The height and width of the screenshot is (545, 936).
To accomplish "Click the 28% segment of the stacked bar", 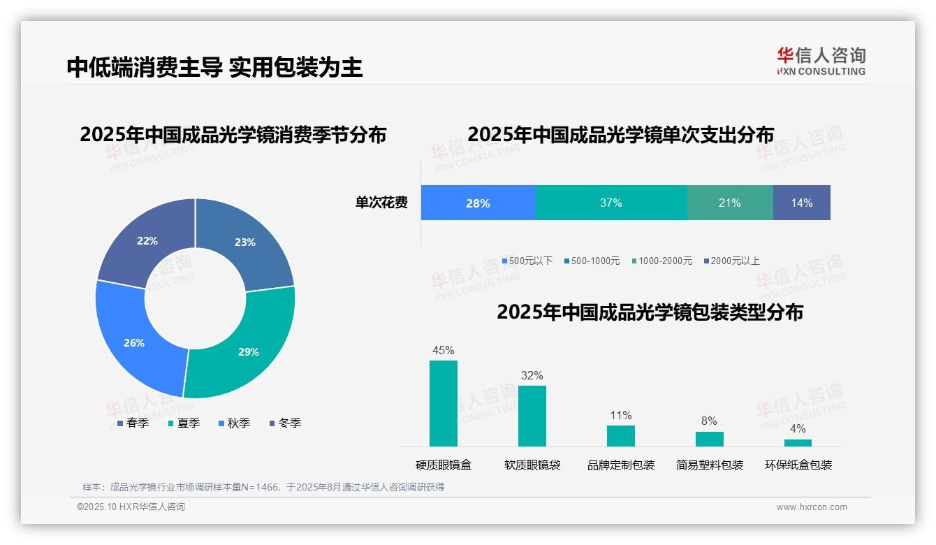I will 478,203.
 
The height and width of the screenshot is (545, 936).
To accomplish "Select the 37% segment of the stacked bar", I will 611,203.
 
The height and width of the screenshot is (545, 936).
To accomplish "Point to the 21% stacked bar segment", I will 730,203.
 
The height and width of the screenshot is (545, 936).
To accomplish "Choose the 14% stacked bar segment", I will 802,203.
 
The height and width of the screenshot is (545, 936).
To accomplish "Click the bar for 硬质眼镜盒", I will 444,403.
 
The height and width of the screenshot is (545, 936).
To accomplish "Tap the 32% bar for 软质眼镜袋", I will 532,416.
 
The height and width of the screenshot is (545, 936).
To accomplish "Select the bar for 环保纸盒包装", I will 798,442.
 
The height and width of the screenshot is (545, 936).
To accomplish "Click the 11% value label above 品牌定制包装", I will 620,416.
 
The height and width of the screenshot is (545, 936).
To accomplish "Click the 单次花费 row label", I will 381,203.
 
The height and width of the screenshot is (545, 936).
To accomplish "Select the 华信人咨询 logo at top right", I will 821,61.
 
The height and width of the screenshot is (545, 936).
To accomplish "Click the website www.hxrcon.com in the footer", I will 812,507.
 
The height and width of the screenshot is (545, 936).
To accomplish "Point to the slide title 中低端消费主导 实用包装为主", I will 215,67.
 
